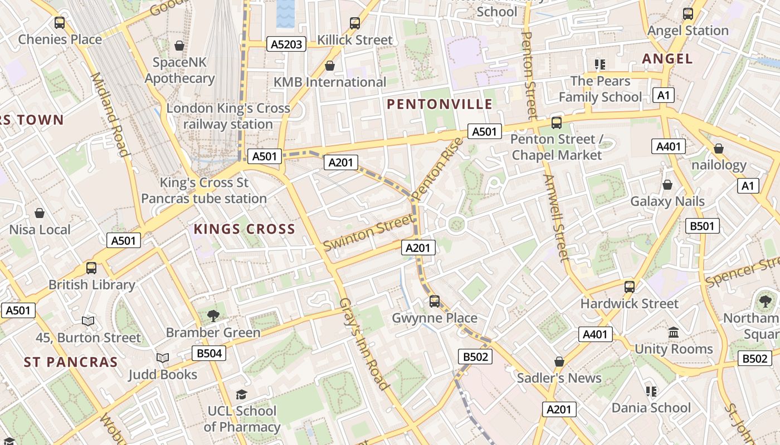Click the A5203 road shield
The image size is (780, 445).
(x=287, y=44)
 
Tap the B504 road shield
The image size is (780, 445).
(x=209, y=353)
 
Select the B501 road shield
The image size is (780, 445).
(x=702, y=226)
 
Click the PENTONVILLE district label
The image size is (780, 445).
(x=440, y=104)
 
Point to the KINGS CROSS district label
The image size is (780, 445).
(x=244, y=229)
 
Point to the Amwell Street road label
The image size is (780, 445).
(x=557, y=217)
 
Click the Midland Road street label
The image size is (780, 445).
(x=110, y=114)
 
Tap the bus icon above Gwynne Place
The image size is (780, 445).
(x=435, y=301)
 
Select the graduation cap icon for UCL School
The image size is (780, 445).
(x=241, y=394)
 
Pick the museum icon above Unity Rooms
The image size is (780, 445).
(x=674, y=332)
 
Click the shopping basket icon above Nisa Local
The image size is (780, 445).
(x=40, y=213)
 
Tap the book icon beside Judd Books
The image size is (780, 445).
(x=163, y=358)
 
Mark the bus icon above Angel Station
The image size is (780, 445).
(x=688, y=14)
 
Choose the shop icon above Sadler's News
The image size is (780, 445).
(x=559, y=362)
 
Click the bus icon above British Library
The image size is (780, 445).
(x=91, y=268)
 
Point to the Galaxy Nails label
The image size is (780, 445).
(x=667, y=201)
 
